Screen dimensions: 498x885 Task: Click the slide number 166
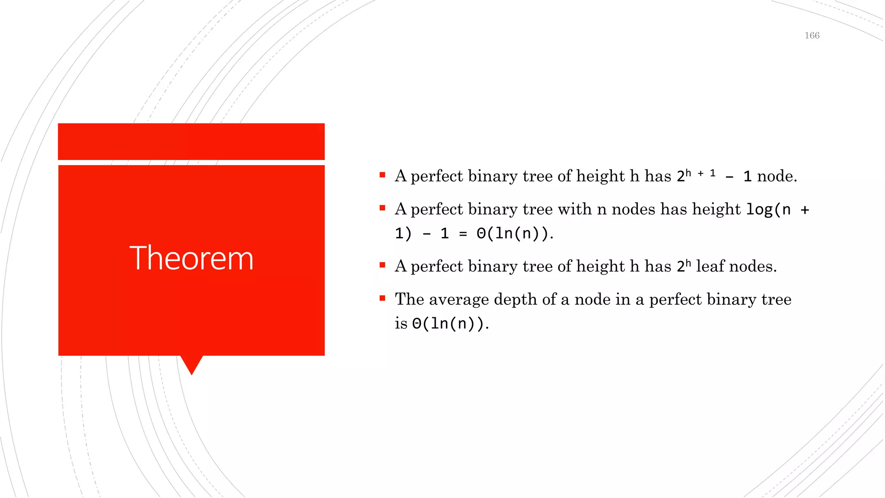812,35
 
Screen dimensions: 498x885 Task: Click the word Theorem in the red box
191,258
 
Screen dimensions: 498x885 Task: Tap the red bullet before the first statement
382,175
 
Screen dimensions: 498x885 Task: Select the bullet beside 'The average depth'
382,298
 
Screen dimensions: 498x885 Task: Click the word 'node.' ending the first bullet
777,176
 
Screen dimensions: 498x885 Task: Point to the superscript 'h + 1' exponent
700,173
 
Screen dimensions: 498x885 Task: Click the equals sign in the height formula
463,234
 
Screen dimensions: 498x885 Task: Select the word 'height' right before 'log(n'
716,210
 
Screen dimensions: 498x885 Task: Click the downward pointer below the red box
191,364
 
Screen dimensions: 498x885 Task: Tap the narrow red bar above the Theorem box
191,141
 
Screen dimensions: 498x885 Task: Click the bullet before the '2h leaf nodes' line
382,265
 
